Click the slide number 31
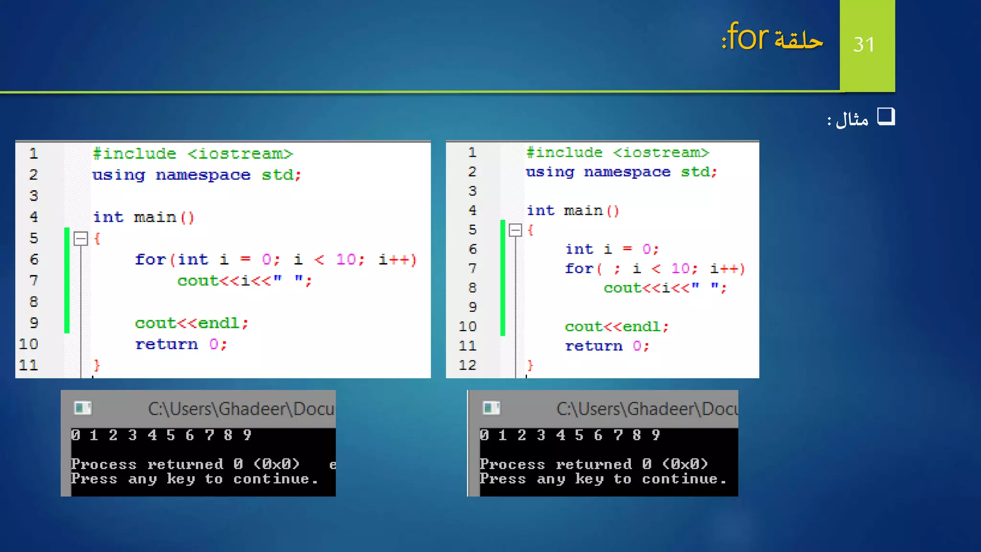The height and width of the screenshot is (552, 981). (864, 45)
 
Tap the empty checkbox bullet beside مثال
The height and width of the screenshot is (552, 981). (886, 116)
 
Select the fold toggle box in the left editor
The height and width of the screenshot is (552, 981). (81, 238)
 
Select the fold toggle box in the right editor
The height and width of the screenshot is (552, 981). (515, 230)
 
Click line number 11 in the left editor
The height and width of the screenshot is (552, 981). (28, 365)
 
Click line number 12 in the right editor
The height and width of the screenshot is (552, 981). (468, 365)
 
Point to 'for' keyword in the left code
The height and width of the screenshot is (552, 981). (150, 259)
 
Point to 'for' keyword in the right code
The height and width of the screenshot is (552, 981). (579, 268)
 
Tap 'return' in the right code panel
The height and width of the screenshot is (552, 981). (593, 346)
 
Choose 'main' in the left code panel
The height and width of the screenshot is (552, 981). (155, 217)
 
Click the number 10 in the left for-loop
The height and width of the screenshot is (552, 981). (346, 259)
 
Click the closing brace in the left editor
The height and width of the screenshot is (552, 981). (97, 365)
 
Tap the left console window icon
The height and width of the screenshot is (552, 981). (83, 408)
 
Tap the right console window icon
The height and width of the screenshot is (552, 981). (491, 408)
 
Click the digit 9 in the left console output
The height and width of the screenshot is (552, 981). (247, 435)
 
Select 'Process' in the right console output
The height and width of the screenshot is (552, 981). (512, 464)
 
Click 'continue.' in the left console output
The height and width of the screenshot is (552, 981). (275, 479)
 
